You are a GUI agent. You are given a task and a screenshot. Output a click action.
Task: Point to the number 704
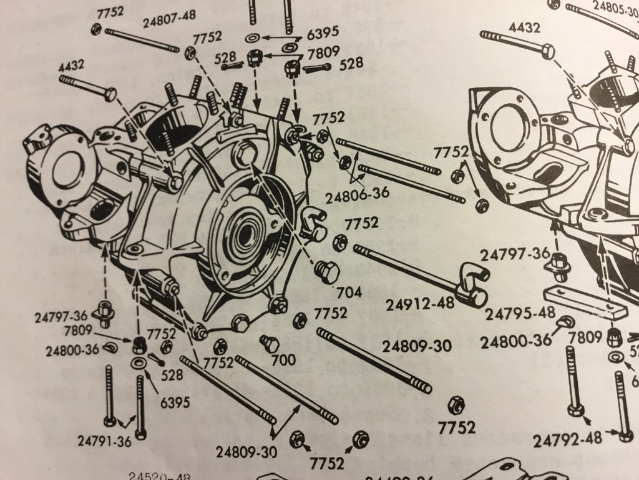pos(348,292)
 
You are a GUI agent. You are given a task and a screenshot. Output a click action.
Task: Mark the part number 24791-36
pos(104,440)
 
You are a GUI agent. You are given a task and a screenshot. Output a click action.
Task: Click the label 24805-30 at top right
pos(615,8)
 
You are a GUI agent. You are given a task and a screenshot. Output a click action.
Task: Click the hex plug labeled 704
pos(328,271)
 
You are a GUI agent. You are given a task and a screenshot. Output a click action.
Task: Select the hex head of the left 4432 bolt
pos(110,95)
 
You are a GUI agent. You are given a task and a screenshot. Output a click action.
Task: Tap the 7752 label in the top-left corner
pos(110,11)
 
